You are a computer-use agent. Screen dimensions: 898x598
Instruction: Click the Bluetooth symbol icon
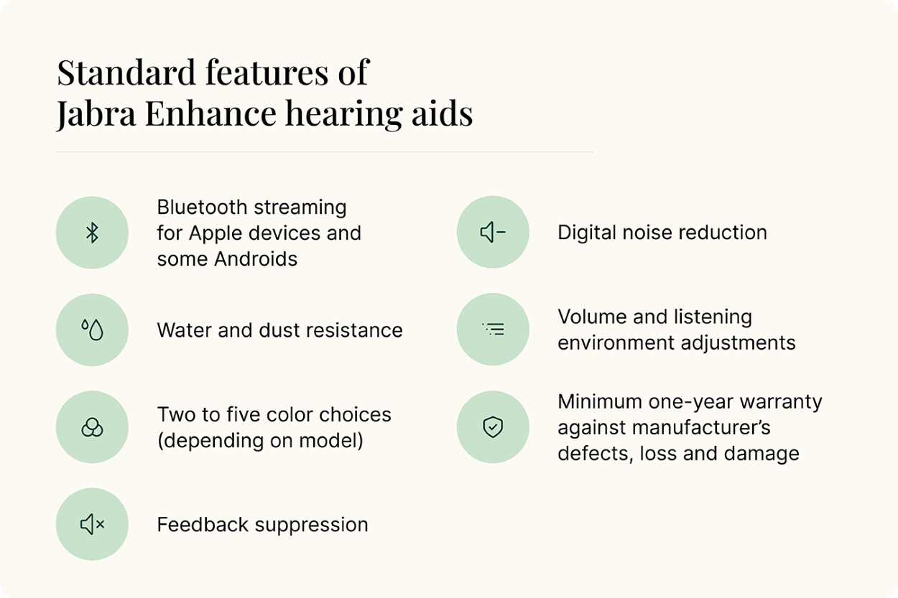tap(92, 233)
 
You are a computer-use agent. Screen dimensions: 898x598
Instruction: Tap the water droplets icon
tap(92, 330)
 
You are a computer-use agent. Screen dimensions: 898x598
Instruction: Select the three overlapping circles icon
tap(92, 427)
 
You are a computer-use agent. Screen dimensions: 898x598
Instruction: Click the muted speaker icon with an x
tap(92, 524)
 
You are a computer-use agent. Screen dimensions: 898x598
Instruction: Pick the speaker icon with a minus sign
tap(493, 232)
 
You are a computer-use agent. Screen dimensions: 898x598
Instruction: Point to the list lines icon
tap(493, 330)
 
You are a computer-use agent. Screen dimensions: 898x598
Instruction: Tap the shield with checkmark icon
tap(493, 427)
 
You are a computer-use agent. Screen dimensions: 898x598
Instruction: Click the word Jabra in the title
tap(96, 114)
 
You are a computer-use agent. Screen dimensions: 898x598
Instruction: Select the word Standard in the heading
tap(126, 73)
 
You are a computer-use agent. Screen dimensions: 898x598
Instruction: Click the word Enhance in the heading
tap(210, 113)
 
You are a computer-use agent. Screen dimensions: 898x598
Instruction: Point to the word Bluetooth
tap(202, 207)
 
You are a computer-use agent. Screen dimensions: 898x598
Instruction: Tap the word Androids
tap(256, 259)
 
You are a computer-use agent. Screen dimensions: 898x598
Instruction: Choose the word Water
tap(184, 330)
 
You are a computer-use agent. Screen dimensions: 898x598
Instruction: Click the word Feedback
tap(203, 525)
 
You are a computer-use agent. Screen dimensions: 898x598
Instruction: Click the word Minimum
tap(600, 402)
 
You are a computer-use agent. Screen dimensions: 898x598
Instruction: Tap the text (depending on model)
tap(260, 441)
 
